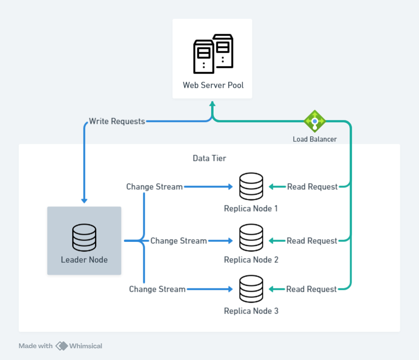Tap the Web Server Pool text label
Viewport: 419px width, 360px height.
click(x=213, y=85)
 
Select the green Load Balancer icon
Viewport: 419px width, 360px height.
click(x=315, y=121)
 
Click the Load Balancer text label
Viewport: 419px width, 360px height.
click(x=315, y=139)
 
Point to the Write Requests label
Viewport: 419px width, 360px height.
click(x=117, y=121)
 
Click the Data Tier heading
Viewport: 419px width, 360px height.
click(x=209, y=158)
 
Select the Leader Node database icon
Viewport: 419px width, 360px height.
click(x=84, y=238)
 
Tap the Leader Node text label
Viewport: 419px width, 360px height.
click(x=84, y=260)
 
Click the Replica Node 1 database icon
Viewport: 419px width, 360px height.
click(x=251, y=186)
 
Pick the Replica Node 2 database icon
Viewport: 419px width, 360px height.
click(x=251, y=238)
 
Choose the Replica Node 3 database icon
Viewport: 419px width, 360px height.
click(x=251, y=289)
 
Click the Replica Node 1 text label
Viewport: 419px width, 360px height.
click(x=251, y=209)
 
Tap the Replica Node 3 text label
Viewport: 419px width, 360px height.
click(x=251, y=311)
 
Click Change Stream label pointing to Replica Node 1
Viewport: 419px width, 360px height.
click(x=154, y=187)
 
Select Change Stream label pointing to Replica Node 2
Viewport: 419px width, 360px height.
click(x=178, y=241)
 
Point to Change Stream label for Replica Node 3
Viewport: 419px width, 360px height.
click(x=157, y=289)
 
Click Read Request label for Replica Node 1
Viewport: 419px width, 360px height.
click(x=312, y=187)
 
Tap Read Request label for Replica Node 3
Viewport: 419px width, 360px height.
click(x=311, y=289)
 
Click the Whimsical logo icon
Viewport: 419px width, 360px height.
click(x=62, y=346)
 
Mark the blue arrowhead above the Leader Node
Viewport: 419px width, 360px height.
click(x=84, y=201)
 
